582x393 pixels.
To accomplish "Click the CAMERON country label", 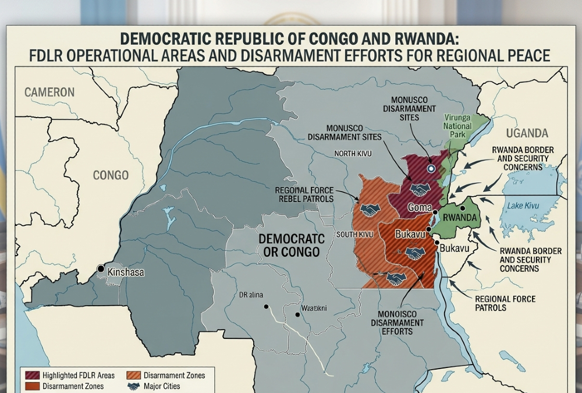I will [49, 92].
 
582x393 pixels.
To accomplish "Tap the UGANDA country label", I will [527, 132].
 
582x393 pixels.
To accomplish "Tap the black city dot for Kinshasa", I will [101, 268].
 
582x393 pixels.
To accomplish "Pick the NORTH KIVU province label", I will [353, 154].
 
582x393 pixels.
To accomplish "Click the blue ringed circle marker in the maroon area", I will [431, 168].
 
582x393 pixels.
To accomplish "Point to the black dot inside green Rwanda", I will [462, 207].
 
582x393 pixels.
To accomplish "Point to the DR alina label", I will [251, 295].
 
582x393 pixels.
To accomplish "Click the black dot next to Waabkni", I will [297, 314].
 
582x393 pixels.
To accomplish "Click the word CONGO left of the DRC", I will [111, 175].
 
